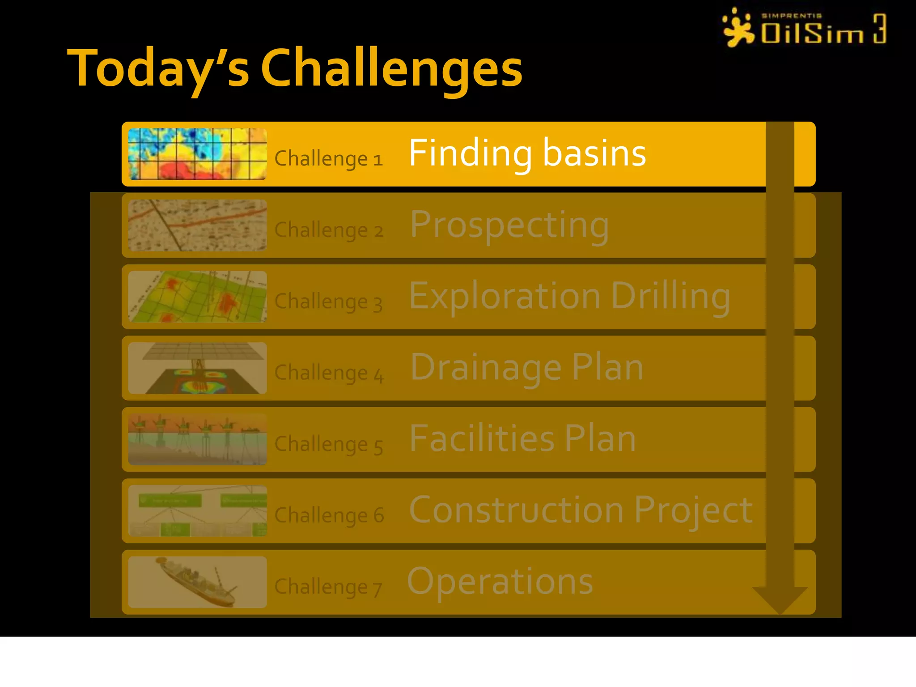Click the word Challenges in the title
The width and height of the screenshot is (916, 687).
(391, 68)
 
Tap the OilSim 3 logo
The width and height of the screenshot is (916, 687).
(804, 28)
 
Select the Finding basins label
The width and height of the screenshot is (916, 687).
(527, 153)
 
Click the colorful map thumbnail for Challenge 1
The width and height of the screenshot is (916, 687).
(197, 154)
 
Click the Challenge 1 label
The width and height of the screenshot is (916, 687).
(328, 159)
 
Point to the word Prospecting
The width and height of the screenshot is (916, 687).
(509, 225)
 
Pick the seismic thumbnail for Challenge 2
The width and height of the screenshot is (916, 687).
(197, 225)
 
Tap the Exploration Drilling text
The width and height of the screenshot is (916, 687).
(569, 296)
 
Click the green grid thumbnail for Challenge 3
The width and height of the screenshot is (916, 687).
(197, 297)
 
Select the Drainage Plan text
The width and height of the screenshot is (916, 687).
(526, 368)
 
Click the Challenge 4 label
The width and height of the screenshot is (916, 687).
(329, 373)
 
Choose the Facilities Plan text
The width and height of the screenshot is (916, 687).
(522, 439)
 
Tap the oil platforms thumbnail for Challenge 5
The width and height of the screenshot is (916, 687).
(197, 439)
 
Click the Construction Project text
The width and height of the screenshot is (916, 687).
(581, 510)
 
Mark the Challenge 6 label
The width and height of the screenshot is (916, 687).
(329, 515)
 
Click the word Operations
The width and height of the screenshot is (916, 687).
(500, 581)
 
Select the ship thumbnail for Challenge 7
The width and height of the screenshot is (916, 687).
(197, 582)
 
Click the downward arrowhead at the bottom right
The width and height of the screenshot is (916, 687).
(780, 599)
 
